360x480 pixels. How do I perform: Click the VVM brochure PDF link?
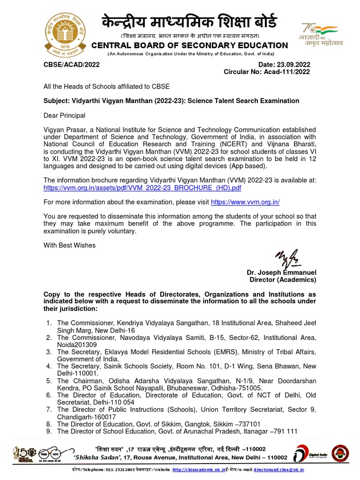[142, 187]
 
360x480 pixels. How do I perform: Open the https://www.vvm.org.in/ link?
[245, 202]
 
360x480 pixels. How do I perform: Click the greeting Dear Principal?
[65, 115]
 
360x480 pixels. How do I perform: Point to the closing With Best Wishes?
[69, 245]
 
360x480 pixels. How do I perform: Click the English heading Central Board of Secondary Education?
[189, 45]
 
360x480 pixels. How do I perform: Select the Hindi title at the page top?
[189, 22]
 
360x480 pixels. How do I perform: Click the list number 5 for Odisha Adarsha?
[49, 381]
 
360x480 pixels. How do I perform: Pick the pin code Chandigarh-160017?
[83, 416]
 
